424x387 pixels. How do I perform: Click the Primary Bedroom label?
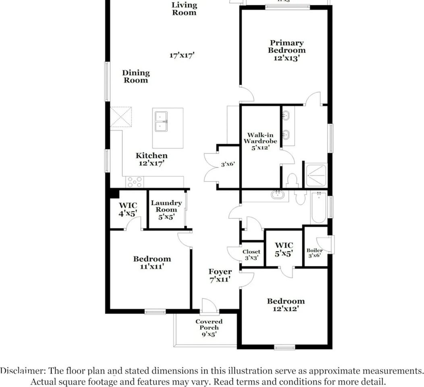pyautogui.click(x=287, y=47)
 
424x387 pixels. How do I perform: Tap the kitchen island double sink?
pyautogui.click(x=162, y=121)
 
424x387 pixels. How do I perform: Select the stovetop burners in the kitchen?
pyautogui.click(x=134, y=182)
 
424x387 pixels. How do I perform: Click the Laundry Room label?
pyautogui.click(x=166, y=206)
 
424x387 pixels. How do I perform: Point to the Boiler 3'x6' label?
pyautogui.click(x=315, y=253)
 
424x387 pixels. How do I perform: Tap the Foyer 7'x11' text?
pyautogui.click(x=220, y=275)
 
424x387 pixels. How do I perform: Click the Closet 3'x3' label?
pyautogui.click(x=251, y=254)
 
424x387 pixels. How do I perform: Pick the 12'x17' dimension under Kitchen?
pyautogui.click(x=151, y=163)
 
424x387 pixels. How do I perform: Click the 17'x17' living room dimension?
pyautogui.click(x=182, y=55)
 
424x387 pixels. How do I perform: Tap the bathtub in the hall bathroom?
pyautogui.click(x=318, y=208)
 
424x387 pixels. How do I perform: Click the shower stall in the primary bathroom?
pyautogui.click(x=316, y=175)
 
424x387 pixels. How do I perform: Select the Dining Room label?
pyautogui.click(x=136, y=76)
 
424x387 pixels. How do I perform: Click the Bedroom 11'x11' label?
pyautogui.click(x=152, y=262)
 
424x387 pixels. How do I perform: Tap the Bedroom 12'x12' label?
pyautogui.click(x=286, y=305)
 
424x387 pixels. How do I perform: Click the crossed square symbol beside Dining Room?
pyautogui.click(x=121, y=117)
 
